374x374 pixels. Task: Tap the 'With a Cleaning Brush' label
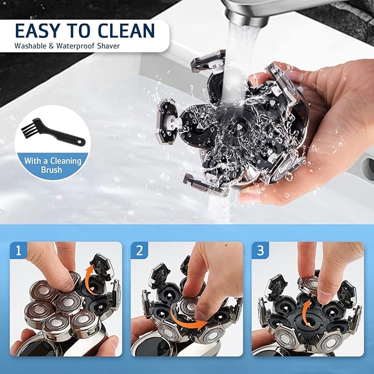coord(52,165)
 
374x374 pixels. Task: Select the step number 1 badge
coord(18,251)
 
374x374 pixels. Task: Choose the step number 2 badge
coord(139,251)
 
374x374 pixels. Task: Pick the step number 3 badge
coord(259,251)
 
